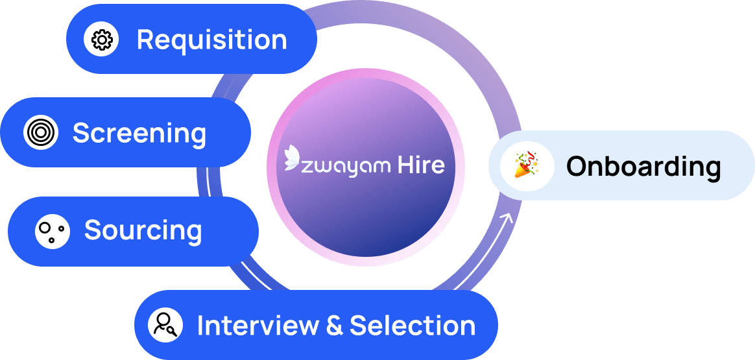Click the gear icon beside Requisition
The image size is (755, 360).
(102, 40)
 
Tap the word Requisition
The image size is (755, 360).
(211, 40)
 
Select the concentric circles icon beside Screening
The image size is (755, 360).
(41, 133)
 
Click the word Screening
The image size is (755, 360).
(139, 134)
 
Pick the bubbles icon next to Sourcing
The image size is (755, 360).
(53, 231)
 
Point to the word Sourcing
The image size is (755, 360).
(143, 231)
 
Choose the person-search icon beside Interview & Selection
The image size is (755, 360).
(165, 325)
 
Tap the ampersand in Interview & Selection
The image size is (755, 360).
(335, 326)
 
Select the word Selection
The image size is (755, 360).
(413, 325)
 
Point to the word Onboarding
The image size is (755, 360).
(643, 167)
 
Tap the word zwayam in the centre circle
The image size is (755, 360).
(344, 166)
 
